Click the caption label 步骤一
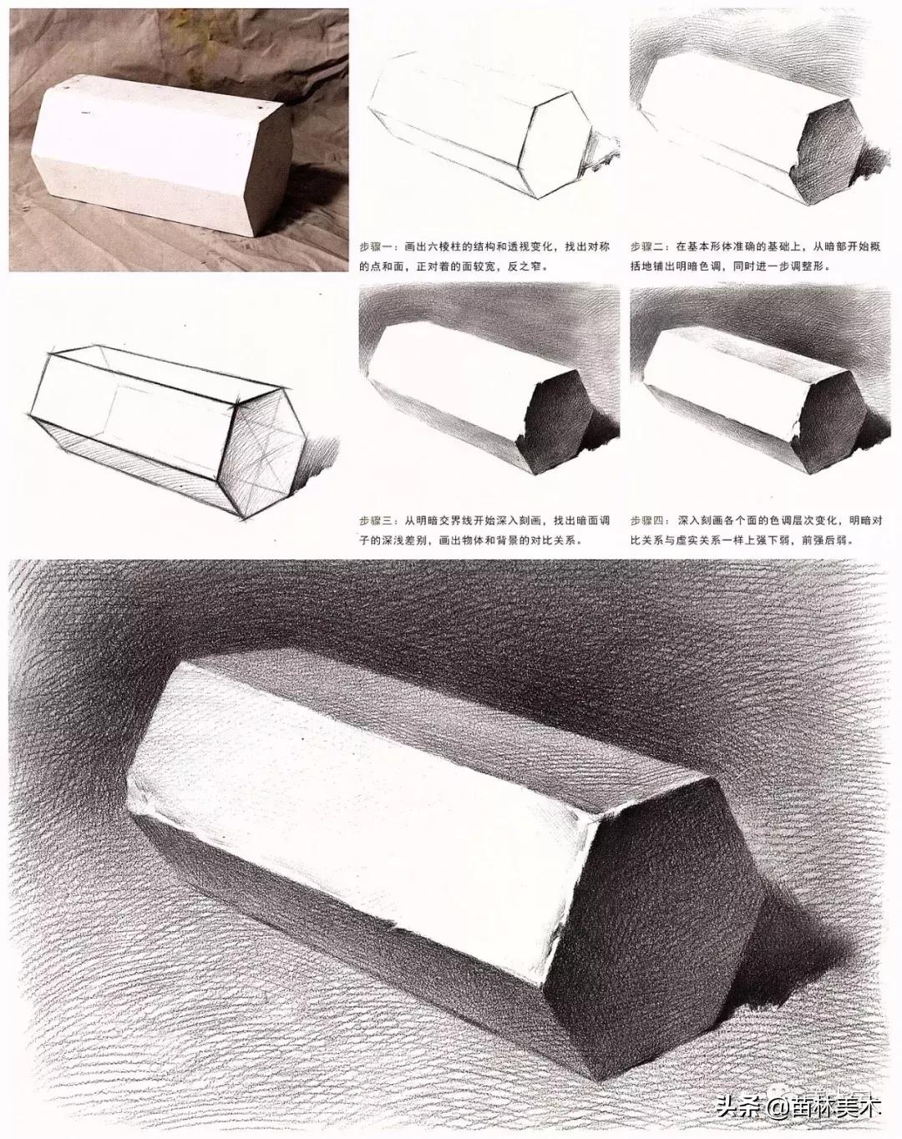tap(376, 246)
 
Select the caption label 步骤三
tap(376, 520)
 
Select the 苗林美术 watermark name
tap(825, 1107)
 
